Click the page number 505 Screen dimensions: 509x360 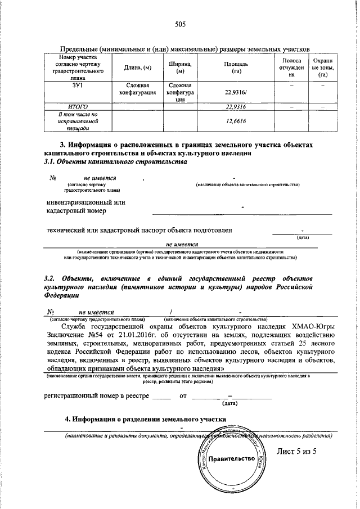click(180, 24)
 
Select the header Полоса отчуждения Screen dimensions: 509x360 click(291, 67)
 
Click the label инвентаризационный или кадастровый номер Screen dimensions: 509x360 click(85, 206)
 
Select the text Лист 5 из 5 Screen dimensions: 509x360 click(297, 451)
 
